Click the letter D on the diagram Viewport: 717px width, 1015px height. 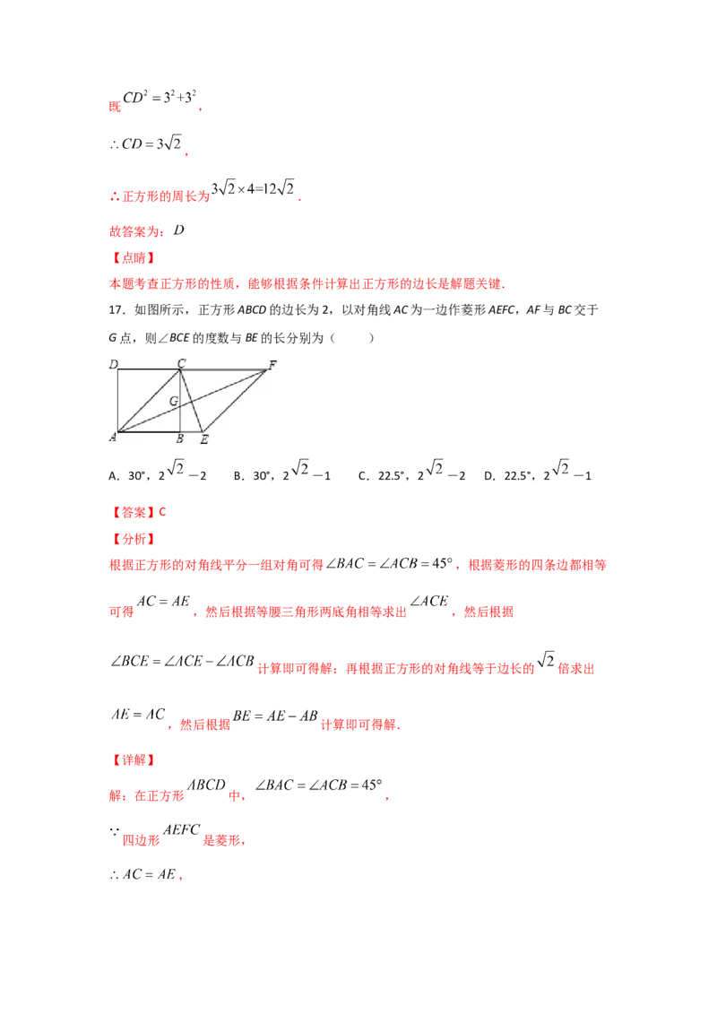pos(114,363)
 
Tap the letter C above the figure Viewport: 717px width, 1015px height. pos(181,362)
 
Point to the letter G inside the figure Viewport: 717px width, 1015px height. pos(174,401)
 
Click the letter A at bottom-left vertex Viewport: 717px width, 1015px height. pos(113,438)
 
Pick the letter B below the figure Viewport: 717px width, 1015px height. pos(180,438)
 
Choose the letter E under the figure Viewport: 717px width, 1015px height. pos(203,438)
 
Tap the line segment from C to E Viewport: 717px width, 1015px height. pos(194,403)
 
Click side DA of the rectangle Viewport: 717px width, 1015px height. pos(118,400)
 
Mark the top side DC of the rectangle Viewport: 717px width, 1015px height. pos(149,369)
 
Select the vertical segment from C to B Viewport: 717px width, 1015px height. pos(180,417)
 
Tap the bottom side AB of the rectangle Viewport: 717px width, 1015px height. pos(149,431)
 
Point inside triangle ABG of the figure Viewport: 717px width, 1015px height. pos(161,423)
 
